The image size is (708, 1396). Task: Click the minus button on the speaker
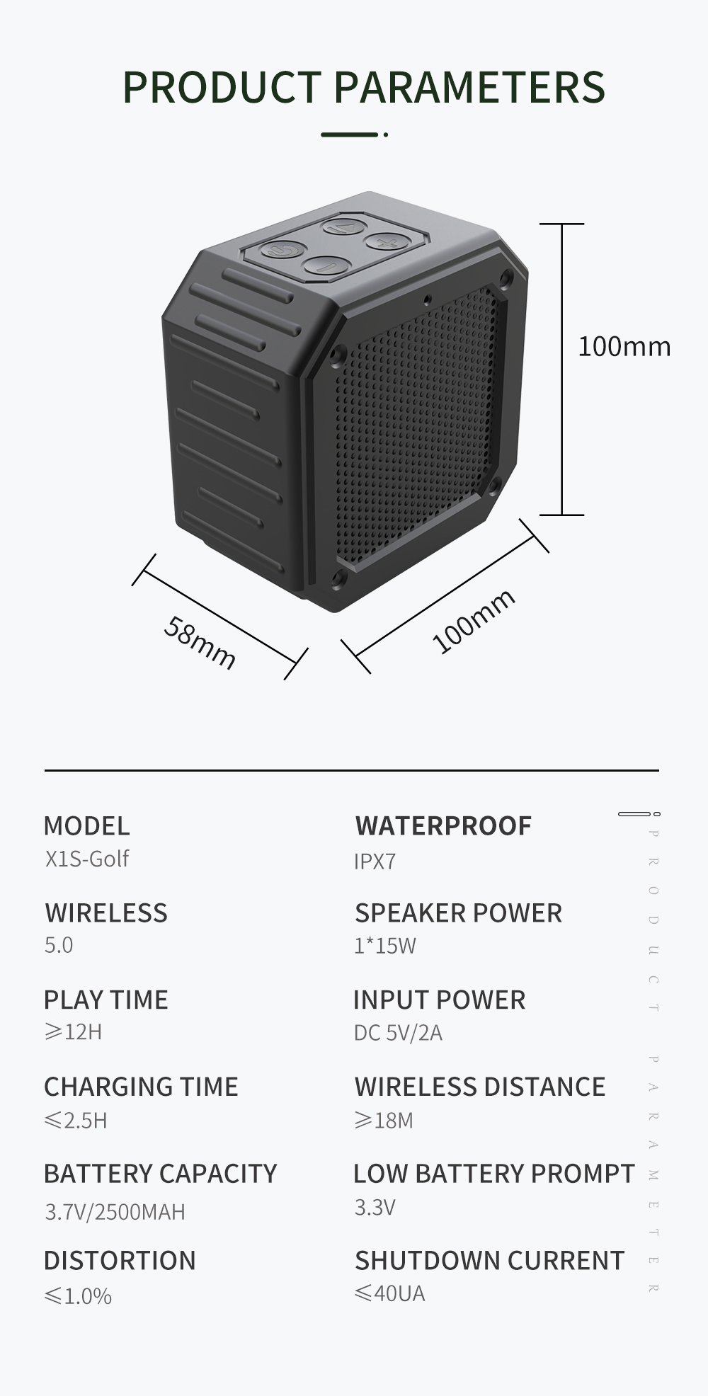click(x=326, y=266)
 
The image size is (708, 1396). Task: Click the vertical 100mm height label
click(x=624, y=347)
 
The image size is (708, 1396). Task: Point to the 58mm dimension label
click(x=200, y=642)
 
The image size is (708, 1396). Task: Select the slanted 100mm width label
click(x=473, y=621)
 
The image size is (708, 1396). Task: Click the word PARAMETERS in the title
click(x=469, y=87)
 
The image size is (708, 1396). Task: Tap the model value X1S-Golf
click(x=87, y=859)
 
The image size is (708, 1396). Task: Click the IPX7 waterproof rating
click(x=375, y=862)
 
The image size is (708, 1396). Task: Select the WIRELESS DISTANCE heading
click(x=479, y=1087)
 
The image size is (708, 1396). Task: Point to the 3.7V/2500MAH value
click(x=115, y=1212)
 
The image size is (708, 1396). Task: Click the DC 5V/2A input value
click(x=398, y=1033)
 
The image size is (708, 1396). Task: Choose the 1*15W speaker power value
click(x=384, y=946)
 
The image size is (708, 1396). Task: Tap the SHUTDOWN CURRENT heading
click(x=489, y=1261)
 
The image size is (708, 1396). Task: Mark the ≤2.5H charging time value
click(x=76, y=1121)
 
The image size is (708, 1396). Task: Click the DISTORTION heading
click(x=120, y=1261)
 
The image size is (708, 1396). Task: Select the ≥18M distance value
click(x=383, y=1121)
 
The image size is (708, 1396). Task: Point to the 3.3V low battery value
click(x=375, y=1207)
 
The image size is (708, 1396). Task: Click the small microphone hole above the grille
click(x=426, y=299)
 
